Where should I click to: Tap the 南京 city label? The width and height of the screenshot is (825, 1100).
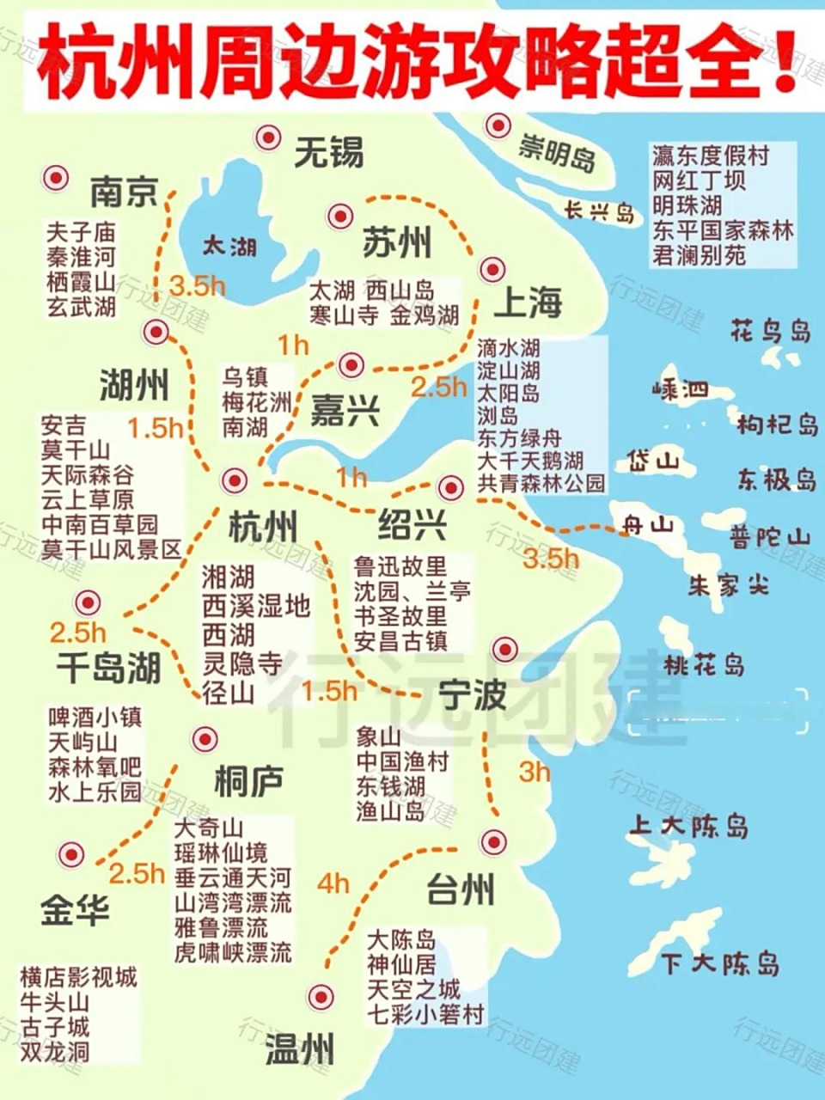coord(125,191)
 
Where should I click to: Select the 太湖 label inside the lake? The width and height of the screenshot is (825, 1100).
coord(229,247)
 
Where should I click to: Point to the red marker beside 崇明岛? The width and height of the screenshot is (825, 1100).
coord(498,125)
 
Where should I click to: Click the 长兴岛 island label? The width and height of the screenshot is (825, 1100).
coord(599,210)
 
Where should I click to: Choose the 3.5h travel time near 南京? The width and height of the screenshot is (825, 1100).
coord(197,286)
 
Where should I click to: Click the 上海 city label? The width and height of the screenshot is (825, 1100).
coord(528,302)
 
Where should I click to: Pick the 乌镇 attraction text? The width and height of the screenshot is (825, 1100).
coord(246,376)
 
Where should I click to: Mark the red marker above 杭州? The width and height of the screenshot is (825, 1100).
coord(234,480)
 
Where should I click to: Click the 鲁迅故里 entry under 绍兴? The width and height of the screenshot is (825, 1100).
coord(400,566)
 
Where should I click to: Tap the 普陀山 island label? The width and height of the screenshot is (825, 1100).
coord(770,537)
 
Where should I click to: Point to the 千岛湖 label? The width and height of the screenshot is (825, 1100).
coord(108,668)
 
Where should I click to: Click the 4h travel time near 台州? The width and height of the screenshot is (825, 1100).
coord(333,883)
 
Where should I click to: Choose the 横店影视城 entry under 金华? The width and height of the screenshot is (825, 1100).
coord(78,977)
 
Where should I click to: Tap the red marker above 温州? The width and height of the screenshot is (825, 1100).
coord(321,996)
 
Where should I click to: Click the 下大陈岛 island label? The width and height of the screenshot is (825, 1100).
coord(720,962)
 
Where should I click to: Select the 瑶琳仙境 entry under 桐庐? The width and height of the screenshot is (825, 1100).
coord(221,853)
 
